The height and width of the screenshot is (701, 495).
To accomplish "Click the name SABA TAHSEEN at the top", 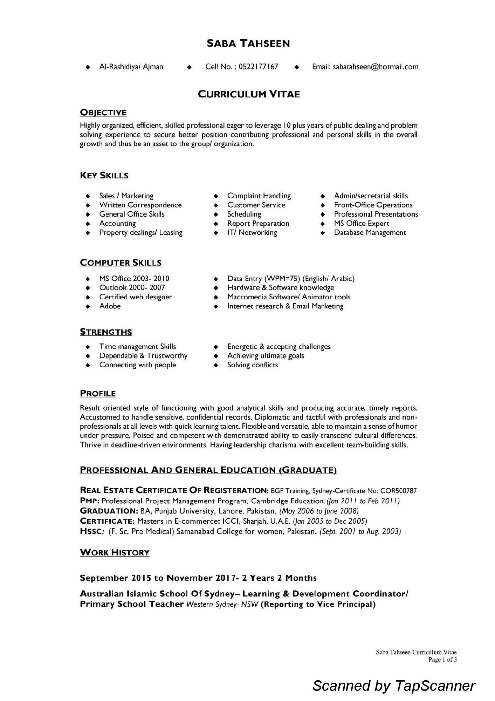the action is coord(248,43).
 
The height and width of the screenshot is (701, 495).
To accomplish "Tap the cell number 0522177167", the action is coord(258,67).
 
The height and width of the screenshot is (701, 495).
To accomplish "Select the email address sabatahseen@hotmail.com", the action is coord(376,67).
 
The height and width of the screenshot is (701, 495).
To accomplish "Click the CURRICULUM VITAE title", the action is coord(249,94).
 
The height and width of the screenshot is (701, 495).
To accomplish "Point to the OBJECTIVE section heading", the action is coord(103,113).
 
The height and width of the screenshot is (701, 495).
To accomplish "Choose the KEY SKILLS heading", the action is coord(104,175).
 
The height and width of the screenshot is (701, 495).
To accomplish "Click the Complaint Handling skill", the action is coord(259,196).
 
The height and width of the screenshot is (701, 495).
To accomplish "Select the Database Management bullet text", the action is coord(370,232).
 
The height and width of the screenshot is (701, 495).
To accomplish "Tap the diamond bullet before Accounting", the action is coord(88,224).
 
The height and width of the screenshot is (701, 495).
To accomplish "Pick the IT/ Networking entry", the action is coord(252,232).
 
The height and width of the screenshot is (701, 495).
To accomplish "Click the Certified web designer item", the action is coord(136,297).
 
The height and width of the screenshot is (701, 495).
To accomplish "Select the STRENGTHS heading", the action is coord(106,332).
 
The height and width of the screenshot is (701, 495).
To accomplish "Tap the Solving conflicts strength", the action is coord(252,365).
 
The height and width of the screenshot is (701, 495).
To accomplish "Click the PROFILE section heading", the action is coord(98,393).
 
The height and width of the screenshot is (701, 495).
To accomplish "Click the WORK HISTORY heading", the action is coord(115,552).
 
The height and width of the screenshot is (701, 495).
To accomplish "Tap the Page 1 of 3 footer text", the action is coord(442,660).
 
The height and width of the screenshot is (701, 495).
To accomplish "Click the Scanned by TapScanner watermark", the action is coord(394,686).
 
